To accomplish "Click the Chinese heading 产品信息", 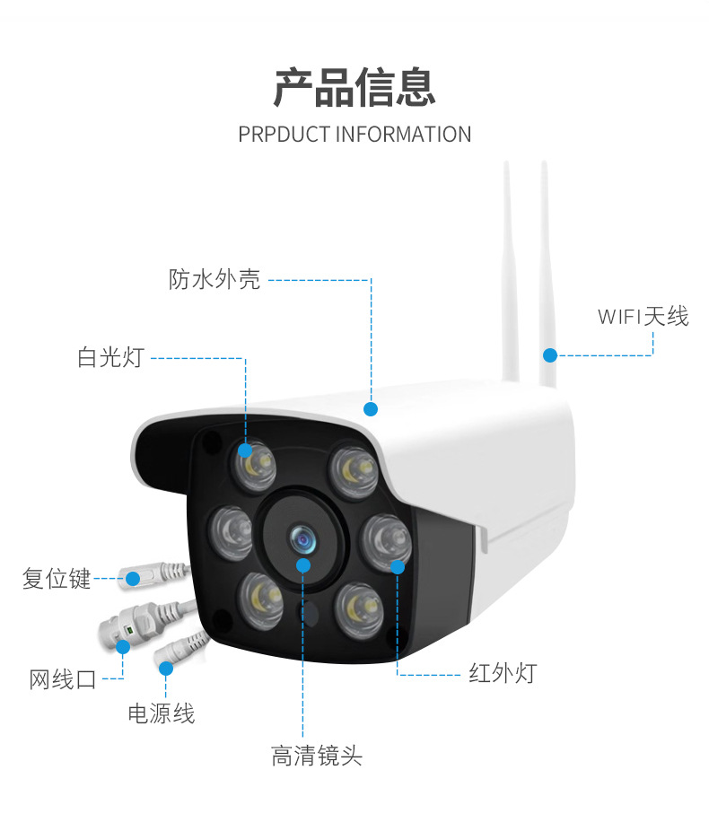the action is tap(354, 87).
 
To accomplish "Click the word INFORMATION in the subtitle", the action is tap(403, 135).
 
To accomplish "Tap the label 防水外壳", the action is tap(214, 279).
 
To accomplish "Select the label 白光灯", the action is tap(109, 357).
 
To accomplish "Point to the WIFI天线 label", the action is tap(643, 316).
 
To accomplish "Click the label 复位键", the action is tap(57, 579).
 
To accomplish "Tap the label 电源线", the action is tap(161, 714).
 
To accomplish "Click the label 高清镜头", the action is tap(317, 756).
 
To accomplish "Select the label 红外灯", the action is tap(502, 673).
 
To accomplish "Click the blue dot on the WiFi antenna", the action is tap(549, 355).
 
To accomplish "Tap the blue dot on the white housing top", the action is tap(371, 409).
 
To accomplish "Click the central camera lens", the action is tap(302, 539).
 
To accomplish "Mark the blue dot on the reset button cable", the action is tap(133, 579).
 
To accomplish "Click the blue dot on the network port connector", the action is tap(122, 645).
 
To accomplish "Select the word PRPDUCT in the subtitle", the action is tap(284, 135).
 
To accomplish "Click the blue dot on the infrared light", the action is tap(398, 565).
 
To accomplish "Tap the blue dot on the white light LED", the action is tap(245, 450).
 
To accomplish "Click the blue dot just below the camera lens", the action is tap(303, 565).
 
